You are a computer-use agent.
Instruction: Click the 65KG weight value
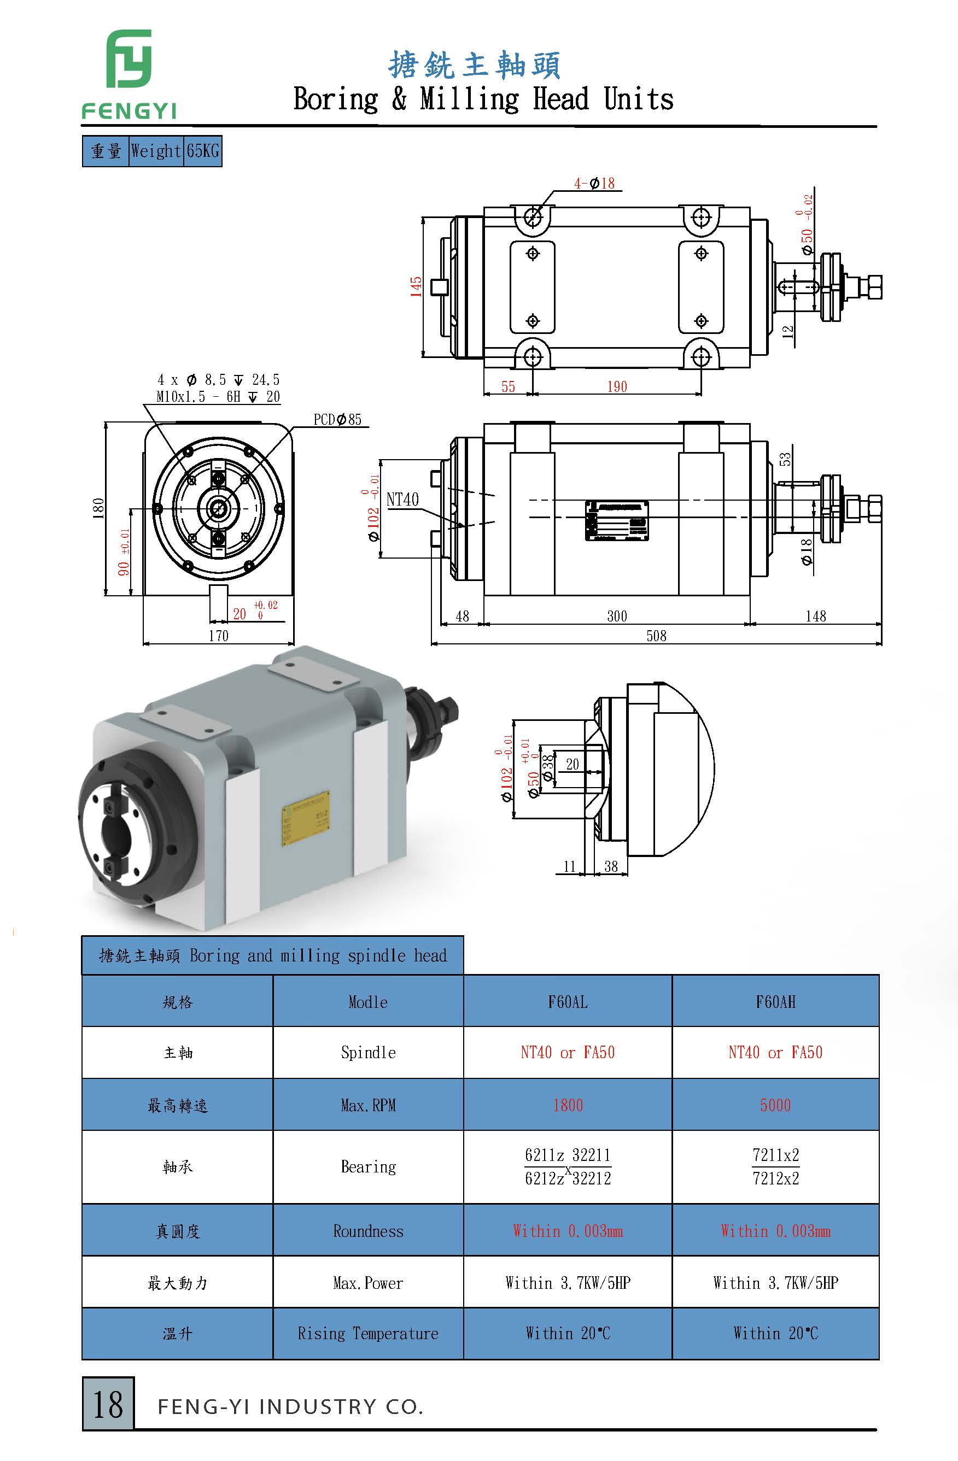(203, 151)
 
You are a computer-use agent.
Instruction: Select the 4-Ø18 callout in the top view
(594, 184)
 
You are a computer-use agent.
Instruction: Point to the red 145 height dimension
(416, 286)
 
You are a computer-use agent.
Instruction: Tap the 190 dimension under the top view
(617, 387)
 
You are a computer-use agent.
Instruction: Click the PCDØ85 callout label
(337, 420)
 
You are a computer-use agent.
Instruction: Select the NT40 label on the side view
(402, 500)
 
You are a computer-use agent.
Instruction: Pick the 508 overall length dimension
(656, 636)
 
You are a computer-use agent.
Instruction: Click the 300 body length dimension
(617, 617)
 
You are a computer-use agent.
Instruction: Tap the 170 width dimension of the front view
(219, 636)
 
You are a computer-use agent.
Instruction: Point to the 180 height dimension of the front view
(98, 508)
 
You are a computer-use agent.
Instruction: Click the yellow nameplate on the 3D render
(305, 818)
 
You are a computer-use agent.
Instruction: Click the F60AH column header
(775, 1002)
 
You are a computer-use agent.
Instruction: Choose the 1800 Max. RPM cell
(568, 1106)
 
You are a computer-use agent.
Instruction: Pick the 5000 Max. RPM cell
(775, 1106)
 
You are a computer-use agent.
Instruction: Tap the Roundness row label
(368, 1231)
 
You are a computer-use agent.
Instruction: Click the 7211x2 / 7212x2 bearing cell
(775, 1166)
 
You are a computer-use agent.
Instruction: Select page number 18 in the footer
(108, 1405)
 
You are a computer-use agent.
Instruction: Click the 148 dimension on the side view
(815, 617)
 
